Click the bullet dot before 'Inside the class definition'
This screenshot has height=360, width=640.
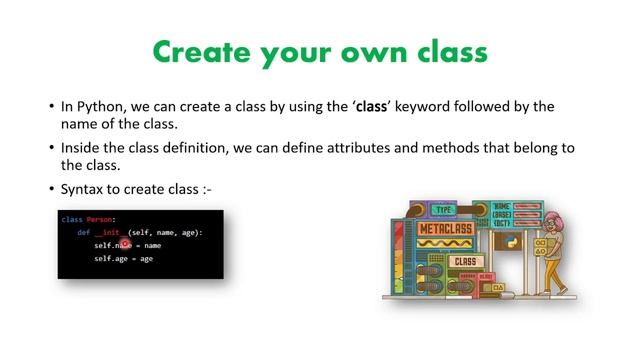(51, 148)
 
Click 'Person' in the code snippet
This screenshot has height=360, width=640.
(100, 219)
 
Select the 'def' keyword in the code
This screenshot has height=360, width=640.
(84, 232)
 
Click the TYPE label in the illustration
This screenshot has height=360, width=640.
(444, 211)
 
